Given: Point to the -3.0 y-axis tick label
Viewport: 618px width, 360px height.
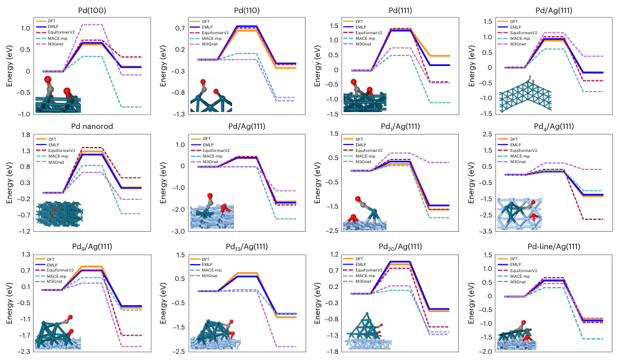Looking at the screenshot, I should coord(176,231).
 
